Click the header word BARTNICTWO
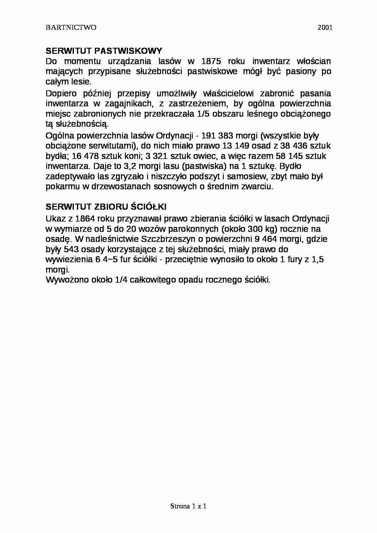coord(71,28)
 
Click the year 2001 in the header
coord(325,28)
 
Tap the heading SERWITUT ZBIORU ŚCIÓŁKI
coord(106,207)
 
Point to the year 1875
coord(211,61)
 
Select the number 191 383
coord(219,136)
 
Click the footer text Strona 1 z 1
coord(188,506)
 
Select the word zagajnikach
coord(127,103)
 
